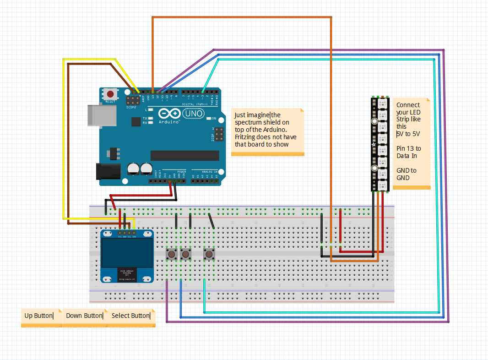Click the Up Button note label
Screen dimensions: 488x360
click(39, 316)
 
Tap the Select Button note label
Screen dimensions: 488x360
click(130, 316)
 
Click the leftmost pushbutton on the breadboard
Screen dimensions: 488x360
click(172, 253)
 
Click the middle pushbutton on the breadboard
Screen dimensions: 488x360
click(185, 253)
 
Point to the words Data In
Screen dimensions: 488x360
click(407, 156)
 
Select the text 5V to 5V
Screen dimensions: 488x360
click(408, 134)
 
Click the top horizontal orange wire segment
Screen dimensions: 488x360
click(241, 17)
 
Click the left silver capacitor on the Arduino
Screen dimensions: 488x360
click(134, 168)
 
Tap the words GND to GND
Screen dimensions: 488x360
click(406, 174)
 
